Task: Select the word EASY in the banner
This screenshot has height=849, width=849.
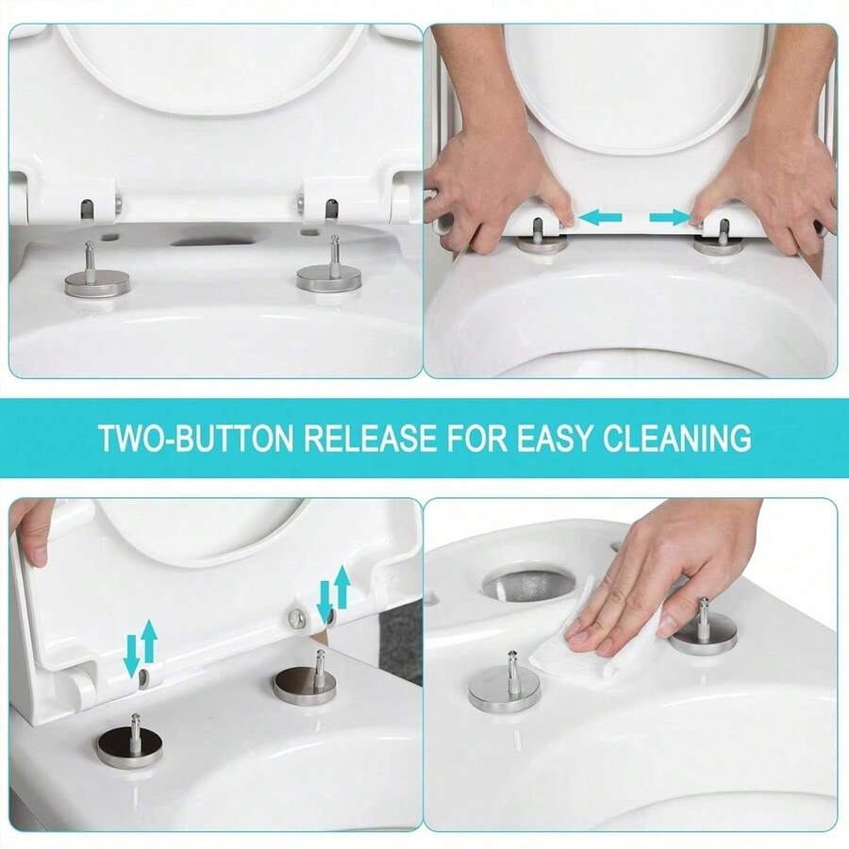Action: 559,438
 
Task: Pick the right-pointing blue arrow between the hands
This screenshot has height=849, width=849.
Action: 670,219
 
